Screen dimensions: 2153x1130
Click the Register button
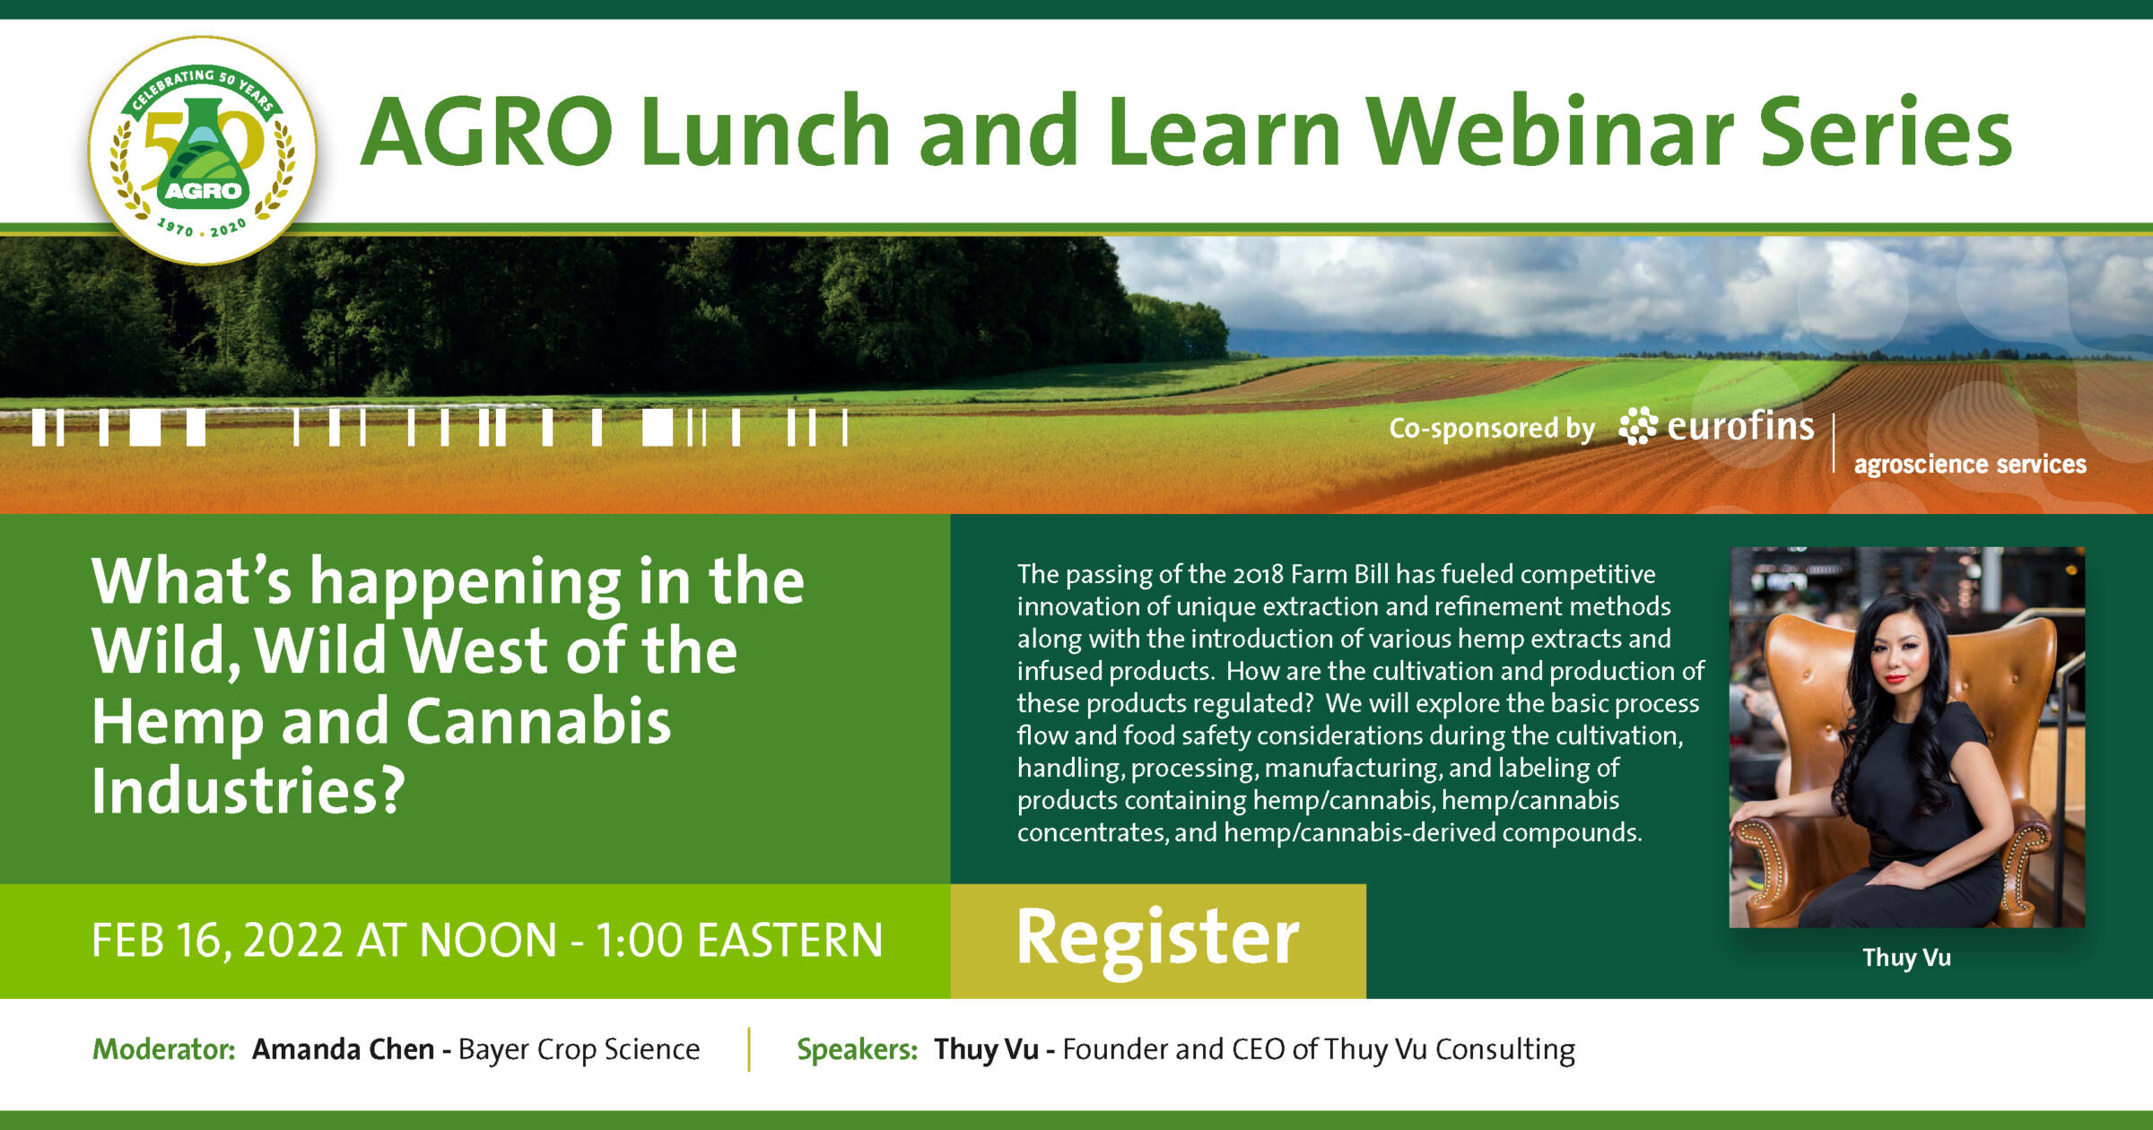click(x=1158, y=941)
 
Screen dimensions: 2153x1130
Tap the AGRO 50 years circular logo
click(x=203, y=151)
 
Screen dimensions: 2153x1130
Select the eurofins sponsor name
click(x=1740, y=426)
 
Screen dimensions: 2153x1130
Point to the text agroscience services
click(x=1970, y=465)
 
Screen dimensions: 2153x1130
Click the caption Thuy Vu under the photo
click(x=1906, y=958)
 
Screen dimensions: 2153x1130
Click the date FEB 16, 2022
click(x=217, y=941)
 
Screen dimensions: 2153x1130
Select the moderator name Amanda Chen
click(x=344, y=1049)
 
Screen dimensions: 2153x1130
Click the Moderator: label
click(x=164, y=1049)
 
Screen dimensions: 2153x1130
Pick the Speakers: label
click(x=858, y=1049)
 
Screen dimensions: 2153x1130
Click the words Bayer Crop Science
click(x=579, y=1049)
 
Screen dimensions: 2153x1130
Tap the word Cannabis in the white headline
click(x=538, y=722)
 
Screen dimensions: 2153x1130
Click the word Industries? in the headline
click(x=248, y=791)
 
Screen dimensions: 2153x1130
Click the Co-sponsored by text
click(x=1492, y=429)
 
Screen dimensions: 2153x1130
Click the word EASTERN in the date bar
click(x=790, y=941)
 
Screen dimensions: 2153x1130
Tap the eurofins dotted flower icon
click(x=1638, y=426)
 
